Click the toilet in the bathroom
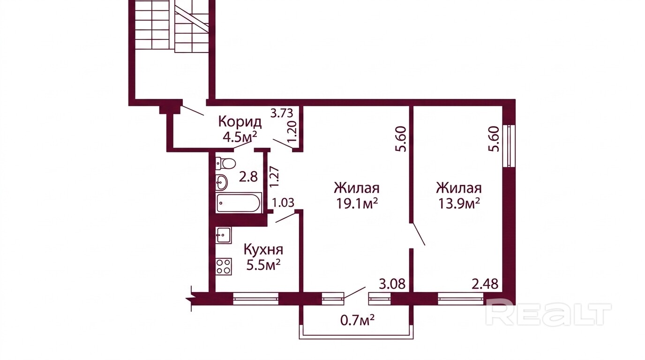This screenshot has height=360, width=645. coord(225,164)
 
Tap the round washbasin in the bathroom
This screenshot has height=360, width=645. coord(222,182)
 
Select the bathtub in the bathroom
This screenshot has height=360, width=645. coord(239,203)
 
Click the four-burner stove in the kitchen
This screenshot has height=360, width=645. coord(224,266)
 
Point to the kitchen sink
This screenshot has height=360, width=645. coord(224,235)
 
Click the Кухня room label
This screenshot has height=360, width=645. coord(263,250)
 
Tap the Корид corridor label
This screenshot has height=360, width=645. coord(240,122)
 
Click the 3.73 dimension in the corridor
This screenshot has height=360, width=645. coord(282,113)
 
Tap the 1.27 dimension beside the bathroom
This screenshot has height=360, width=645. coord(274,177)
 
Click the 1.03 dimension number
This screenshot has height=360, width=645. coord(283,203)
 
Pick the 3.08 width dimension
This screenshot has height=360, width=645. coord(392,284)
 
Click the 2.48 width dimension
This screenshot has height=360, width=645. coord(485,284)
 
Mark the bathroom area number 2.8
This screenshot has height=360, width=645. coord(248,177)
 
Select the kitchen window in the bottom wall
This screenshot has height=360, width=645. coord(255,299)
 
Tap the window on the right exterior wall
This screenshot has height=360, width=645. coord(509,146)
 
